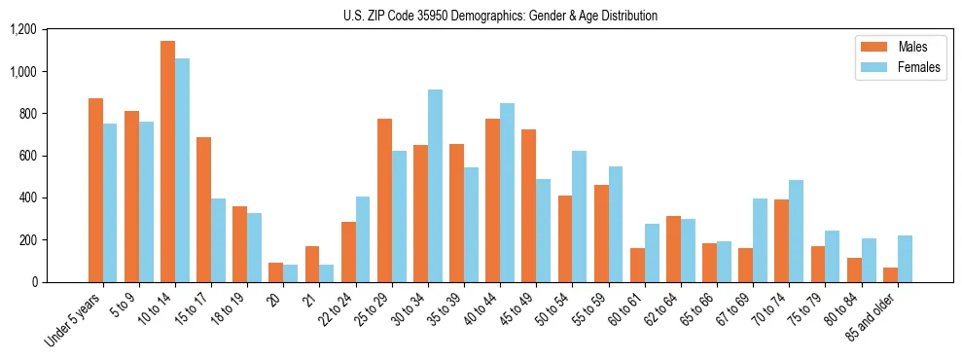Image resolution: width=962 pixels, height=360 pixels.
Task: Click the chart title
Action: coord(500,16)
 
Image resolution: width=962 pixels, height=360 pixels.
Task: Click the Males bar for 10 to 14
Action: coord(167,162)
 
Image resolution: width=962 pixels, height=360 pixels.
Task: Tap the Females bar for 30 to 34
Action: coord(435,186)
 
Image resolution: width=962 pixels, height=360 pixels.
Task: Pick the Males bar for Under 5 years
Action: coord(95,191)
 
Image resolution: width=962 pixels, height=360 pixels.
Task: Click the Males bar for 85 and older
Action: coord(889,274)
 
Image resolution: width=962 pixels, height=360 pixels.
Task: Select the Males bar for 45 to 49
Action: coord(528,205)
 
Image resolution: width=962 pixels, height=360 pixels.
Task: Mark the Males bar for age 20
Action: coord(275,272)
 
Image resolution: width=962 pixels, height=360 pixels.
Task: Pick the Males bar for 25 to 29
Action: coord(384,200)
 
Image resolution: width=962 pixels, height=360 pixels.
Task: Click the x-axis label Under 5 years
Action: coord(75,320)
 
